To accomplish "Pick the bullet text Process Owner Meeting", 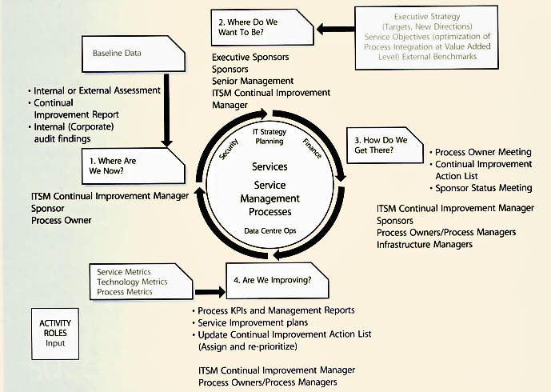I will tap(484, 152).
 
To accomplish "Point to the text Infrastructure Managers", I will tap(425, 244).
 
